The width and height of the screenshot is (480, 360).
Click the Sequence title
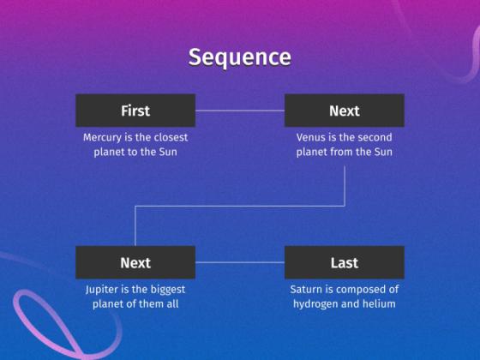(x=240, y=57)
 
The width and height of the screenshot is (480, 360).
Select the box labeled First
(x=135, y=111)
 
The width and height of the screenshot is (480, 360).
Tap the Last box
(x=345, y=262)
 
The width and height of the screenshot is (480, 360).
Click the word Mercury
(x=102, y=137)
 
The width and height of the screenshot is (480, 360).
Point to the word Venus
(x=310, y=137)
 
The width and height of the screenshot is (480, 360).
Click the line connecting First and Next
(x=240, y=111)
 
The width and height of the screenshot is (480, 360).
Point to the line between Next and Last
(x=240, y=262)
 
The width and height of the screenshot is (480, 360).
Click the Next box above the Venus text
(x=345, y=111)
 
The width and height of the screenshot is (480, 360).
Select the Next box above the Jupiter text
(x=135, y=262)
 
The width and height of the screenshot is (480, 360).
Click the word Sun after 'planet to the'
(x=168, y=152)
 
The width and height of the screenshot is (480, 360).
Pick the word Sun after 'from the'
(x=383, y=152)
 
